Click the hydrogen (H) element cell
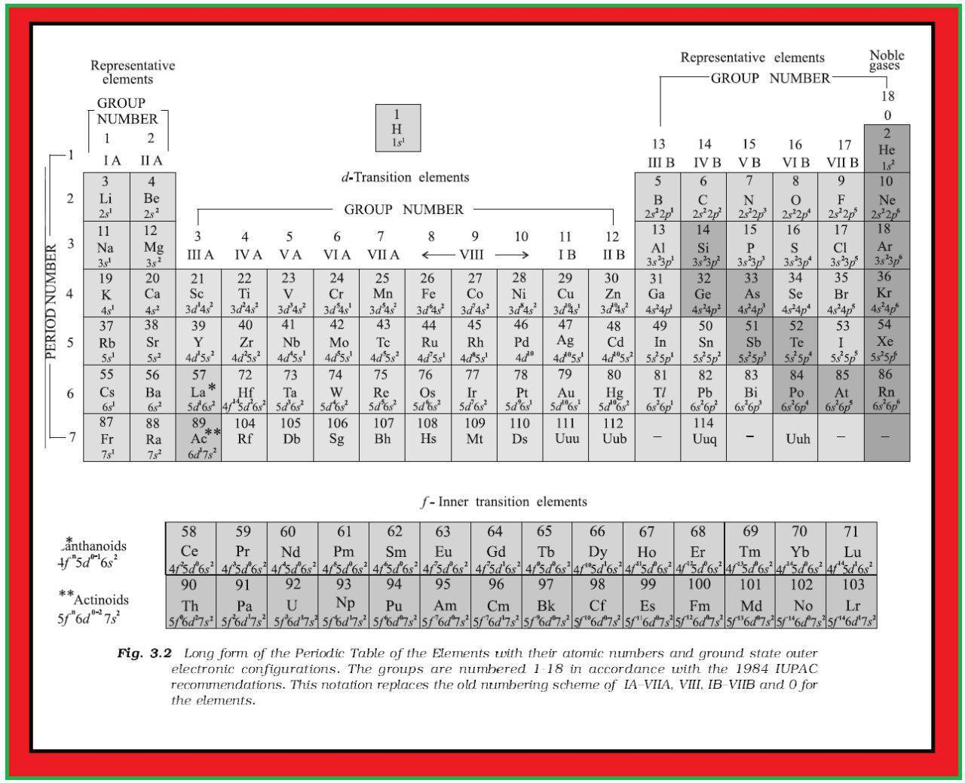coord(397,128)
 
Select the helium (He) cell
coord(887,149)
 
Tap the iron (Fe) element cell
coord(427,293)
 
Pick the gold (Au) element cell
coord(565,390)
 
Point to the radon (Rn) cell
coord(887,390)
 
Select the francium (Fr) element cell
coord(106,437)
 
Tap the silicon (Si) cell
coord(703,246)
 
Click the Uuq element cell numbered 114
coord(703,437)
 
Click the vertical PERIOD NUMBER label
coord(51,301)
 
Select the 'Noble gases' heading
coord(887,60)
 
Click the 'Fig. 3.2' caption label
coord(145,653)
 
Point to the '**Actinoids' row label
coord(94,599)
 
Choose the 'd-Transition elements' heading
coord(405,178)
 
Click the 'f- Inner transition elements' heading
coord(504,502)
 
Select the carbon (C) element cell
coord(703,197)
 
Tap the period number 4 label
coord(70,293)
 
